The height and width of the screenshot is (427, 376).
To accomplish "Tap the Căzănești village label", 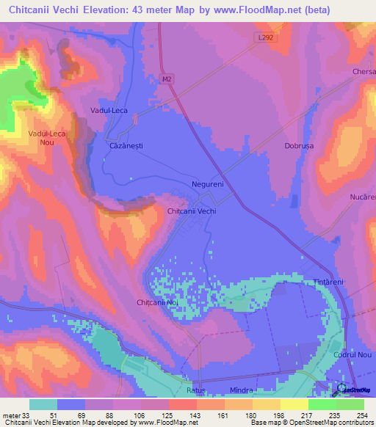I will coord(121,146).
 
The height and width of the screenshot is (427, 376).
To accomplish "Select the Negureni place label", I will coord(207,184).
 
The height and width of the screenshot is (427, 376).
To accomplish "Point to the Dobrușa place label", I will coord(299,146).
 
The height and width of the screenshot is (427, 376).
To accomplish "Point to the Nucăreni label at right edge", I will coord(363,198).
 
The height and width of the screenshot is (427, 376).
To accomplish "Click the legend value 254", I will coord(361,415).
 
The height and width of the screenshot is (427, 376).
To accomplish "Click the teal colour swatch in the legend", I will coord(43,404).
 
